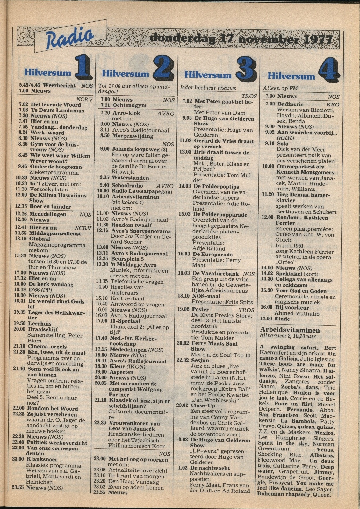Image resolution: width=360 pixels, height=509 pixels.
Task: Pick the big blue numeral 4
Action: coord(329,71)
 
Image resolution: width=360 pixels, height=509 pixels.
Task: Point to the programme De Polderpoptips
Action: coord(216,186)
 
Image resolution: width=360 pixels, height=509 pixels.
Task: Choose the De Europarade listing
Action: coord(213,254)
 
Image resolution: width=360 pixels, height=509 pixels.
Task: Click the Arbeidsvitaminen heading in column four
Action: coord(290,330)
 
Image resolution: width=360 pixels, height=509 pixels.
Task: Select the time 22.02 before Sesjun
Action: coord(183,360)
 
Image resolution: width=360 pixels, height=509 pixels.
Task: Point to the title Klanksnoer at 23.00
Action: coord(42,459)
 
